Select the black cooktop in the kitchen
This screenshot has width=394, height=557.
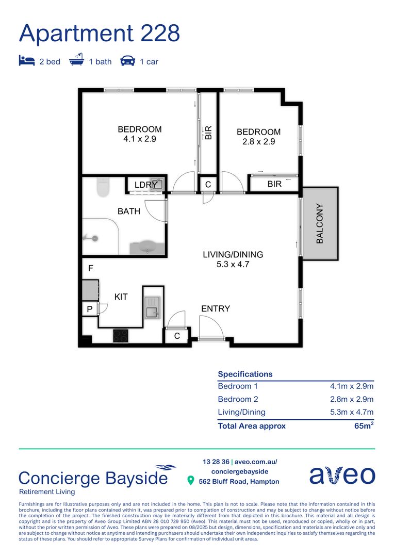pos(121,335)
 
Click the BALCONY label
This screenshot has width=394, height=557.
pos(320,224)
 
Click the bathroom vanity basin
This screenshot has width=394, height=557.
pos(147,247)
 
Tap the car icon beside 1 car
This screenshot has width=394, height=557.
pos(127,61)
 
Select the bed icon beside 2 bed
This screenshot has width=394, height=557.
pos(26,61)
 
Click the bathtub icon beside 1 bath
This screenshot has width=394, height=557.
pos(76,61)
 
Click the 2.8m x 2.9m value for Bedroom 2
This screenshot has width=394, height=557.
pos(352,399)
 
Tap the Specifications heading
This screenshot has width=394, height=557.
pos(245,374)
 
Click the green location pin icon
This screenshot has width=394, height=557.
pos(190,481)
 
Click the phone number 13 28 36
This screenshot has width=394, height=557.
pos(216,462)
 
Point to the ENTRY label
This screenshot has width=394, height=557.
pos(216,308)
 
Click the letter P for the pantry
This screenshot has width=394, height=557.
pos(90,309)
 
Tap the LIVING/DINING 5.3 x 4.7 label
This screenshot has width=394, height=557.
pos(233,259)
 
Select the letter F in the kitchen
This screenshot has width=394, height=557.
pos(91,269)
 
